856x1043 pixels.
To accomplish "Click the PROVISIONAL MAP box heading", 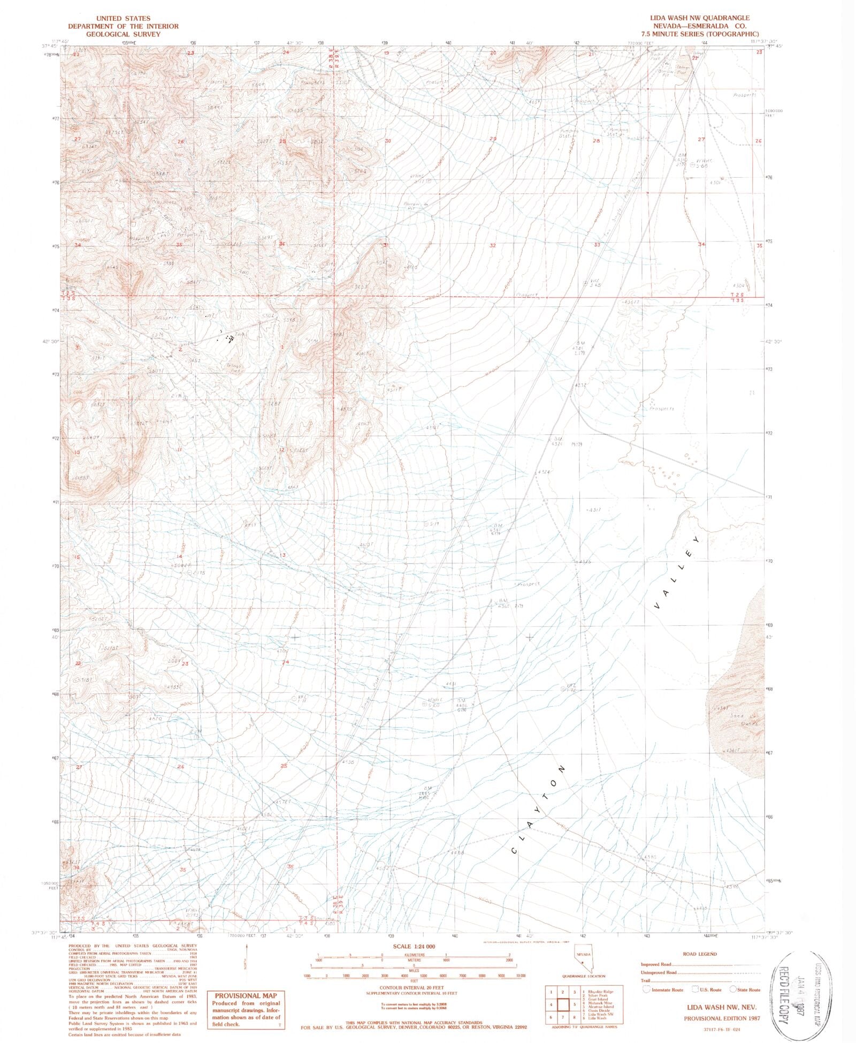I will pos(246,995).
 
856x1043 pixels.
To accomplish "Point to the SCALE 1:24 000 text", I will pos(414,946).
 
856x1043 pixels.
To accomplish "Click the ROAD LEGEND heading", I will pos(699,954).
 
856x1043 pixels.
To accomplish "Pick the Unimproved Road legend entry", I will pos(659,972).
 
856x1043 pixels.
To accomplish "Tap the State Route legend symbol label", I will pos(748,990).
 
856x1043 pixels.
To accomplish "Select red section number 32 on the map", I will pos(492,246).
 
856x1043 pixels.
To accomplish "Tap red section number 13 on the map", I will pos(282,555).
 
